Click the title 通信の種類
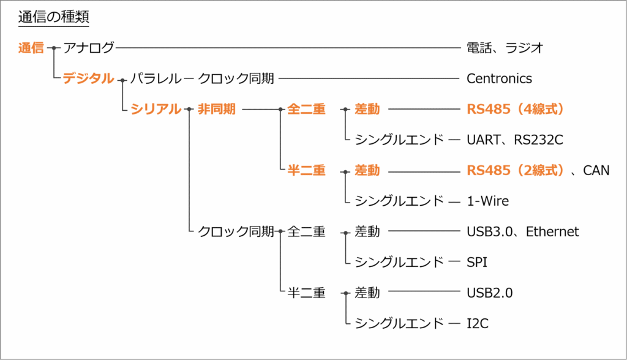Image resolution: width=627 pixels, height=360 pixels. click(53, 17)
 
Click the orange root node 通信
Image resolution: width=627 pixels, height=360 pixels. click(31, 48)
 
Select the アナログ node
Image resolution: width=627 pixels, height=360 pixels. click(88, 48)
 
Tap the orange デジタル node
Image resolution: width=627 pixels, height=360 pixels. click(88, 78)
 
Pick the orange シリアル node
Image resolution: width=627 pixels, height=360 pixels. click(156, 109)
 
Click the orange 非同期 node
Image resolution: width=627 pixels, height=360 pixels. click(216, 109)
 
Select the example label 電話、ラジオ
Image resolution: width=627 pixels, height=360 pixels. click(505, 48)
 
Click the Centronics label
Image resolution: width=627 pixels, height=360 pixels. click(499, 78)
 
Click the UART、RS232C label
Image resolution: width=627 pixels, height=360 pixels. click(514, 140)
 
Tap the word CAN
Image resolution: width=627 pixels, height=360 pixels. click(596, 170)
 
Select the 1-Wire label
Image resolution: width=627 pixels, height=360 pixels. click(487, 201)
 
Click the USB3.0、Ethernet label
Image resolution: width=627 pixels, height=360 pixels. click(522, 231)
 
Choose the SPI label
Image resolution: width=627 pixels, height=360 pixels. click(477, 262)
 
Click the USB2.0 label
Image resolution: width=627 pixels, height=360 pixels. click(489, 293)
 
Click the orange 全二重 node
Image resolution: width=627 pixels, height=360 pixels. click(306, 109)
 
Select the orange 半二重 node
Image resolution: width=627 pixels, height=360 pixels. click(306, 170)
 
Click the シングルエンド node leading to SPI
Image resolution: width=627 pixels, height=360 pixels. click(399, 262)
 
